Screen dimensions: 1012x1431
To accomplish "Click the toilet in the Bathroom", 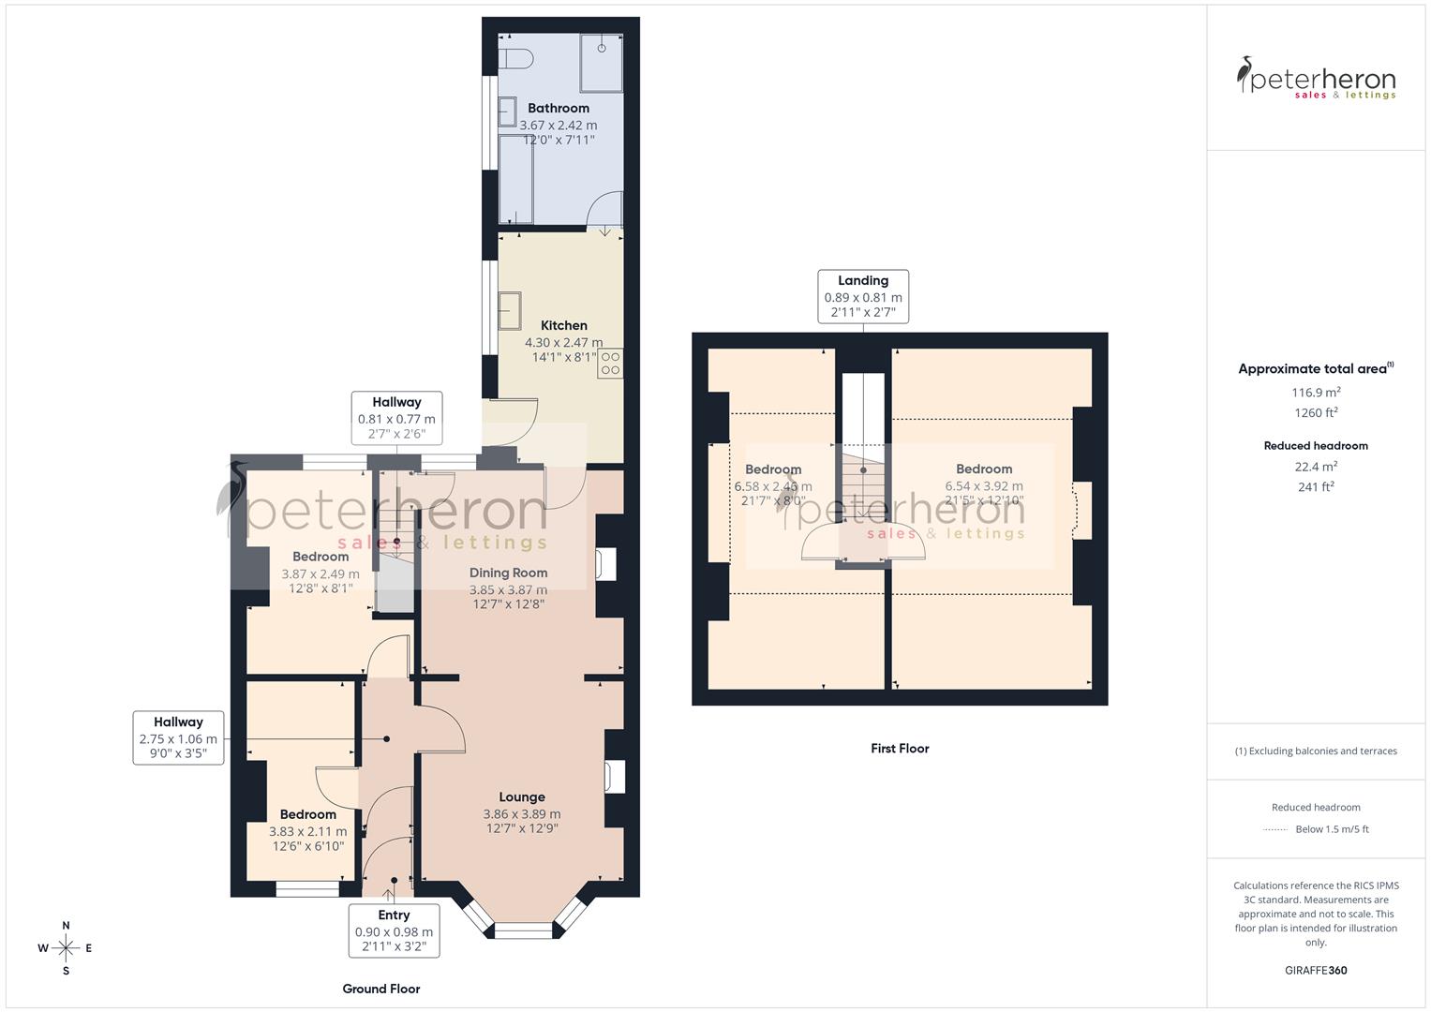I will click(514, 57).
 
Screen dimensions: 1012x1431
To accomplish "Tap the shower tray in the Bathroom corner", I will click(601, 63).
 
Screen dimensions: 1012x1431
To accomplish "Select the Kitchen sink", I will click(510, 310).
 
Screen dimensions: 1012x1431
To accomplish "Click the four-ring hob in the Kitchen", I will click(610, 364).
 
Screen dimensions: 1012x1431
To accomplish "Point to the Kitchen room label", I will click(563, 325).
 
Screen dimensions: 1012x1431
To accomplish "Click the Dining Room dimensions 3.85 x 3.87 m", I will click(508, 589).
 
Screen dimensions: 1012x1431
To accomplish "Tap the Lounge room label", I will click(522, 796).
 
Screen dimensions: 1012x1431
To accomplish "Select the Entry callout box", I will click(394, 930).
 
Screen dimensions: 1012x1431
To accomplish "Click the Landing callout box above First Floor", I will click(863, 296).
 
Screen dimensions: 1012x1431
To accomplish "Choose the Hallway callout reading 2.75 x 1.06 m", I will click(178, 737).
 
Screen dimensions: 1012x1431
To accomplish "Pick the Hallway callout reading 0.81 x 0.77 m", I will click(396, 418).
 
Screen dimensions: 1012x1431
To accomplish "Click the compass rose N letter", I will click(66, 925).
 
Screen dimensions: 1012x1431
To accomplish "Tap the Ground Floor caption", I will click(380, 989).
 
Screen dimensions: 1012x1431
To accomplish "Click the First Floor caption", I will click(900, 748).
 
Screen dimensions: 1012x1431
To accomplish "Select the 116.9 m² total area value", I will click(1316, 393).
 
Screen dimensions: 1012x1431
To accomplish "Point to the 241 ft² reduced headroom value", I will click(1316, 486).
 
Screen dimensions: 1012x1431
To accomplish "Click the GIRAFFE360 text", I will click(1316, 970).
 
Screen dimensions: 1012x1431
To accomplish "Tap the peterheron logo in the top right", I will click(1316, 78).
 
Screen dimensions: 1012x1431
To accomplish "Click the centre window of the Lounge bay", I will click(523, 930).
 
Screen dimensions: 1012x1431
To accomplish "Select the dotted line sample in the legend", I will click(1276, 829).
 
